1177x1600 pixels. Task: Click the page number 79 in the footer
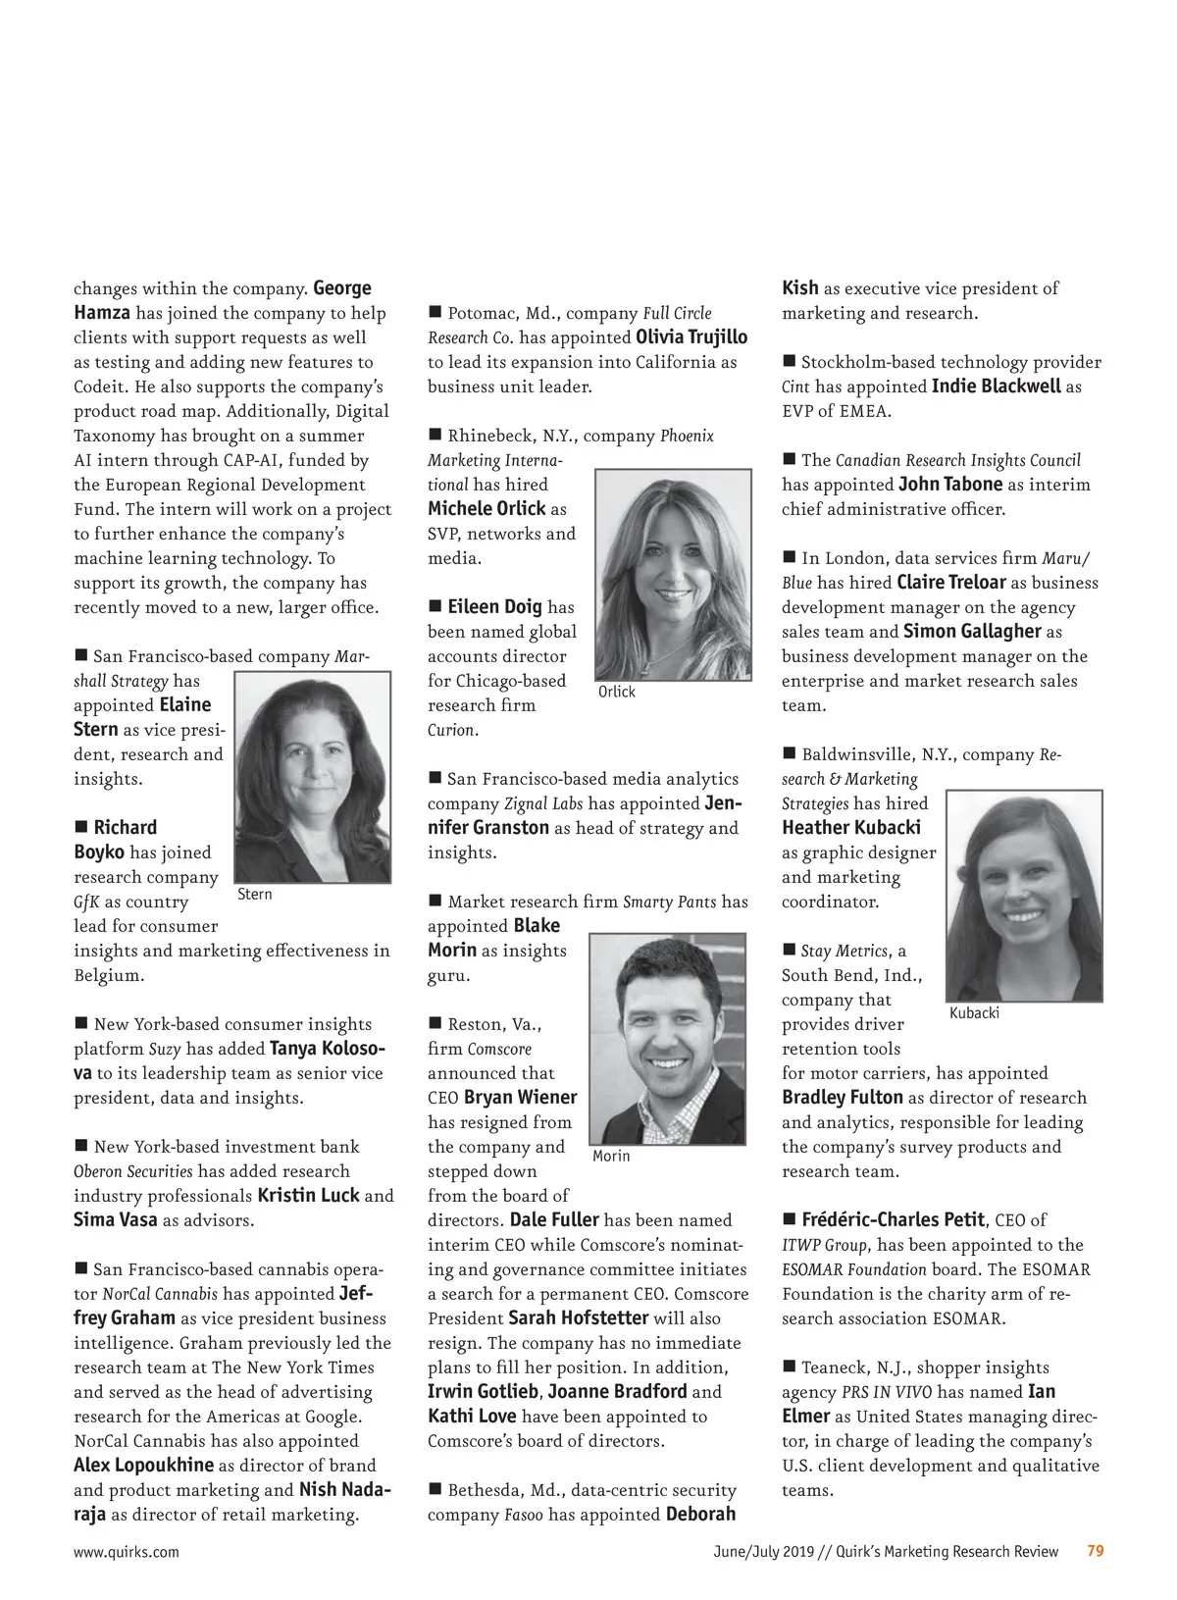tap(1096, 1551)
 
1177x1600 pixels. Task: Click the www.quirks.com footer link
tap(127, 1552)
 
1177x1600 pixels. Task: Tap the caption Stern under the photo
tap(255, 895)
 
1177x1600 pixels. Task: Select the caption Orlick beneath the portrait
tap(617, 692)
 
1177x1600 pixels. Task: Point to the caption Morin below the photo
tap(611, 1157)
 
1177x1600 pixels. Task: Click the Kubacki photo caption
tap(974, 1013)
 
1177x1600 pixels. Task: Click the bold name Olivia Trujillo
tap(691, 337)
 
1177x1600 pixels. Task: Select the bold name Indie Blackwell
tap(996, 387)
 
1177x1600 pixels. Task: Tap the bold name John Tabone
tap(950, 485)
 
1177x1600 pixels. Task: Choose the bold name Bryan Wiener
tap(520, 1098)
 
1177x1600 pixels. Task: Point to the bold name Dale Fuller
tap(554, 1220)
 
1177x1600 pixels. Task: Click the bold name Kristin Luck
tap(308, 1196)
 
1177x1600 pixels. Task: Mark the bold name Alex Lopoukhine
tap(143, 1466)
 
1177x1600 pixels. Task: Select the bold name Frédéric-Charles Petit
tap(893, 1220)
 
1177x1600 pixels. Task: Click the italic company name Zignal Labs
tap(543, 803)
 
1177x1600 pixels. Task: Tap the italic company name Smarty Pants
tap(669, 902)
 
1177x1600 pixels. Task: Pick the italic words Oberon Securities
tap(133, 1171)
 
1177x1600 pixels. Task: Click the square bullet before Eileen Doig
tap(435, 606)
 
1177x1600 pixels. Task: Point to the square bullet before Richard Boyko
tap(81, 827)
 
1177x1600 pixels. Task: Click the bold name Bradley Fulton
tap(842, 1098)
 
